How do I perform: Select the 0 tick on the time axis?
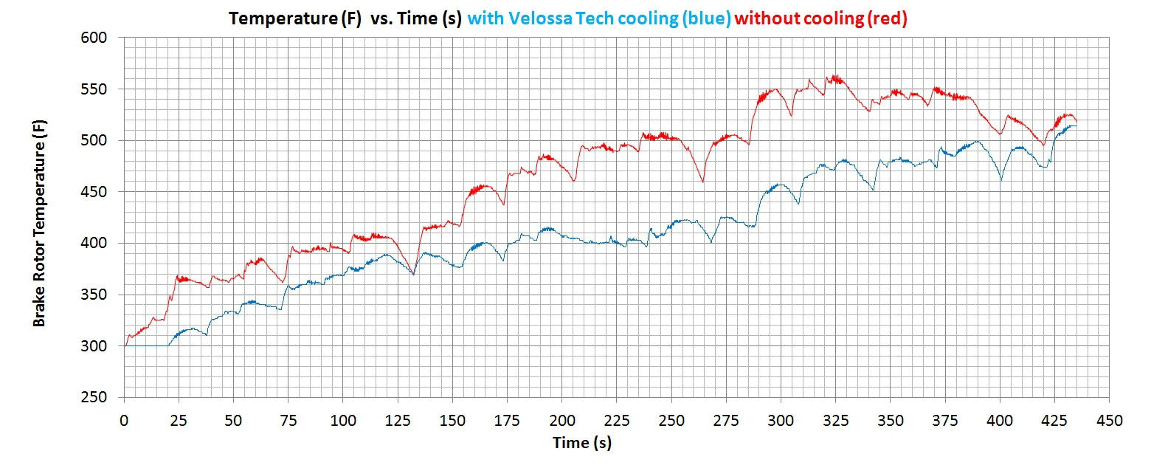(124, 421)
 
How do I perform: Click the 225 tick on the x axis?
(616, 421)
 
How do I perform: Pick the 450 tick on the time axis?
(1109, 421)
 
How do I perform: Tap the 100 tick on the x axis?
(343, 421)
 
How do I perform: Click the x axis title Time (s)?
(582, 443)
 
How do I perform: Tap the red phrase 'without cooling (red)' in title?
(820, 19)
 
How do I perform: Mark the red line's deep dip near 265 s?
(702, 182)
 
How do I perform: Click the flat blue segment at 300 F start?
(146, 345)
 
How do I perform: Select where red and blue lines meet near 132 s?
(413, 274)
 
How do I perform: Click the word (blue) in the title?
(705, 19)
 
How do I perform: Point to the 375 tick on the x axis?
(945, 421)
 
